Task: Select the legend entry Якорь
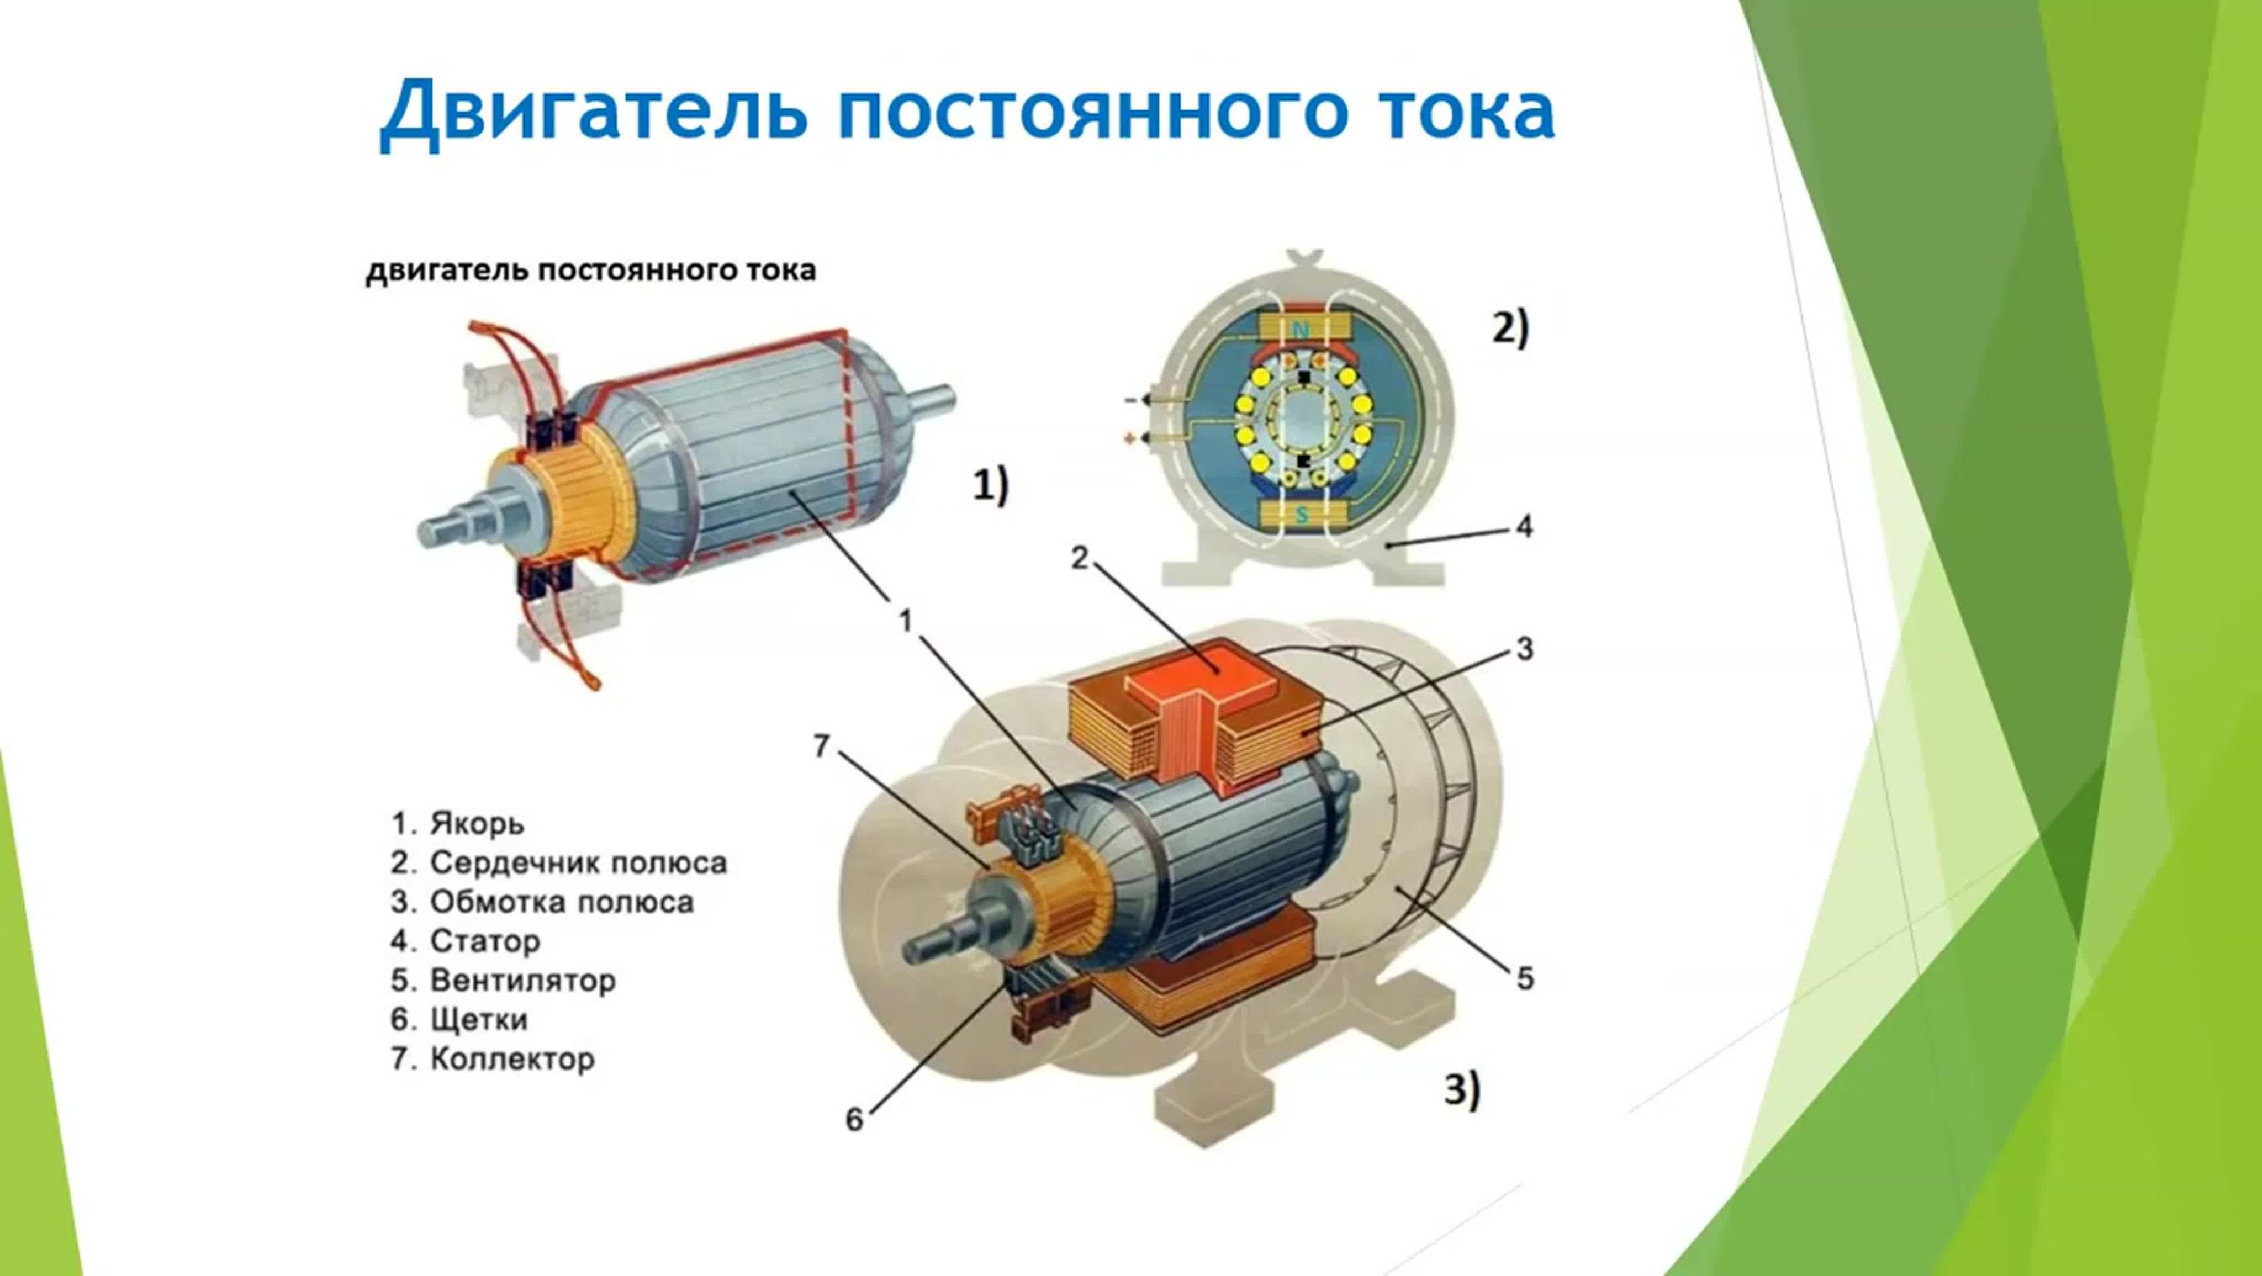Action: pyautogui.click(x=477, y=824)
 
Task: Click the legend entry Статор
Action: pyautogui.click(x=485, y=941)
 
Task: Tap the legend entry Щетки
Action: pyautogui.click(x=479, y=1020)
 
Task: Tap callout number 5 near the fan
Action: pyautogui.click(x=1525, y=978)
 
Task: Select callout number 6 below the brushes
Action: pyautogui.click(x=854, y=1120)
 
